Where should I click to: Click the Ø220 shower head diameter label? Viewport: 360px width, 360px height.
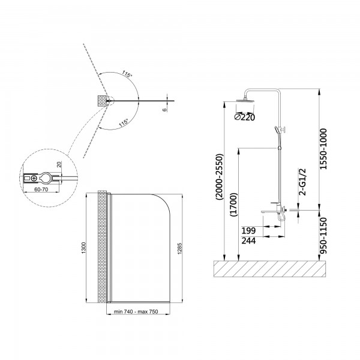click(x=245, y=118)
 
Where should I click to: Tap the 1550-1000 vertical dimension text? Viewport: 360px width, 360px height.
click(x=323, y=149)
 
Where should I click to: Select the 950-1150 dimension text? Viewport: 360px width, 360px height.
click(x=323, y=236)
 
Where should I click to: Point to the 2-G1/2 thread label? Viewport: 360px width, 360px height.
click(x=302, y=182)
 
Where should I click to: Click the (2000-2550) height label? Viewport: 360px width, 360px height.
click(x=219, y=177)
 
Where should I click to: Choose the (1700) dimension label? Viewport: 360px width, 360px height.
click(x=233, y=205)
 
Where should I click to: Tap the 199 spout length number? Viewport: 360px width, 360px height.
click(x=248, y=230)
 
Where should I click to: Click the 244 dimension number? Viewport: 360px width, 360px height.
click(x=248, y=241)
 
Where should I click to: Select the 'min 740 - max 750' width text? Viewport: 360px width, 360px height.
click(x=136, y=311)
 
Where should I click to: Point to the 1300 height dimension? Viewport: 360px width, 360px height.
click(x=83, y=248)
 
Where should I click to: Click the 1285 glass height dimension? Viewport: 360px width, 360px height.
click(x=180, y=248)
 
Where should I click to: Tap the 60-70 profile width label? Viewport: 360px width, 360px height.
click(x=41, y=190)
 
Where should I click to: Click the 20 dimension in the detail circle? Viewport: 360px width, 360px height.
click(x=59, y=164)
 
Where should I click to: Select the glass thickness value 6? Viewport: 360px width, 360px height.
click(x=164, y=110)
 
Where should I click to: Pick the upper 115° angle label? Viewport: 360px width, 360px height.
click(x=127, y=74)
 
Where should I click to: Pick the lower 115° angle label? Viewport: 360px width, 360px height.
click(x=124, y=123)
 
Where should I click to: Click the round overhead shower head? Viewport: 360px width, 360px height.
click(x=245, y=100)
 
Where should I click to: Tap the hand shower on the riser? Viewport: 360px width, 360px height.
click(x=277, y=131)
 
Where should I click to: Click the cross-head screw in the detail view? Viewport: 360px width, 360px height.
click(x=34, y=178)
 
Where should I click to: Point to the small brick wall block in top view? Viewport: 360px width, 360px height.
click(x=103, y=101)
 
